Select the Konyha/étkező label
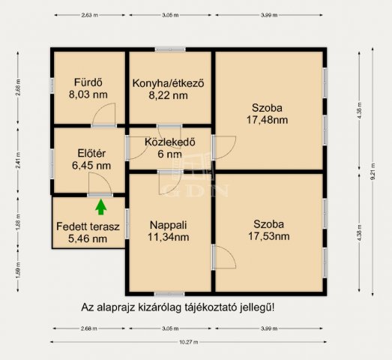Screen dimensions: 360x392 coord(169,83)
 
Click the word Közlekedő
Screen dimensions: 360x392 coord(169,141)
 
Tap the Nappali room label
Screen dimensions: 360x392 coord(169,224)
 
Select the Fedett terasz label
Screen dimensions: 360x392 coord(88,226)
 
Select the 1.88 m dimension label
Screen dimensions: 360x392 coord(17,222)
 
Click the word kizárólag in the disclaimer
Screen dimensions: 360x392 coord(156,307)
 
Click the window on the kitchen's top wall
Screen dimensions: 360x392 coord(170,49)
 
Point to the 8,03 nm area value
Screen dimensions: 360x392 coord(88,95)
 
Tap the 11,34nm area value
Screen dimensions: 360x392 coord(169,237)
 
